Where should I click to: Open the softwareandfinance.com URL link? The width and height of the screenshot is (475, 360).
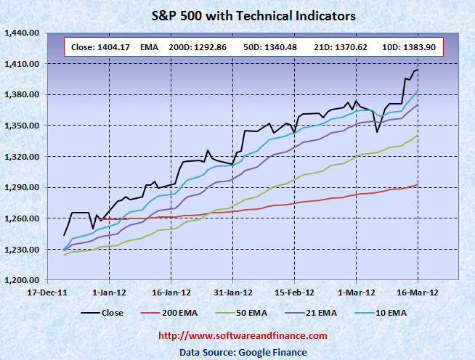(243, 337)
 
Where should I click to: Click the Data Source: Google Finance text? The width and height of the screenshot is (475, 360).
(243, 352)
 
